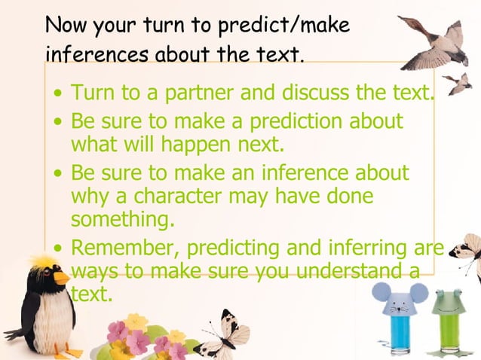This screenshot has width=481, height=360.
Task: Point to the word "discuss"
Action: click(x=318, y=94)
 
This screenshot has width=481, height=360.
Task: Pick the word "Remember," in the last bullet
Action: click(x=125, y=247)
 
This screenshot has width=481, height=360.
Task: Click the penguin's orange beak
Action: click(x=60, y=277)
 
